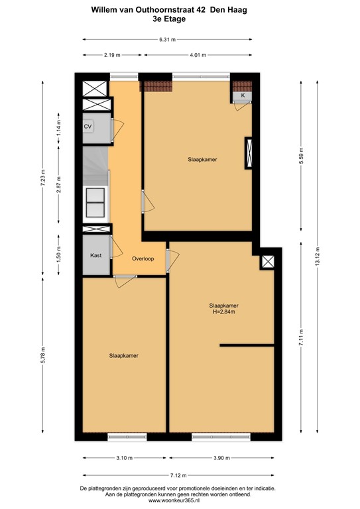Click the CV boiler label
(88, 126)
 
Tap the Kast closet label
(95, 254)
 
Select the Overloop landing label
(143, 258)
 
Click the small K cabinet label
(243, 96)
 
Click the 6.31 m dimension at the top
(167, 40)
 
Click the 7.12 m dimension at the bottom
(177, 475)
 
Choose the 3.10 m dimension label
(123, 458)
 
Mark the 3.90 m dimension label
(222, 458)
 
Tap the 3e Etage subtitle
(168, 20)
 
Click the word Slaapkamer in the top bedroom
(203, 160)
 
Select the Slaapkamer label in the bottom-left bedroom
(124, 355)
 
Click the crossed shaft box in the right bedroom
(268, 262)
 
